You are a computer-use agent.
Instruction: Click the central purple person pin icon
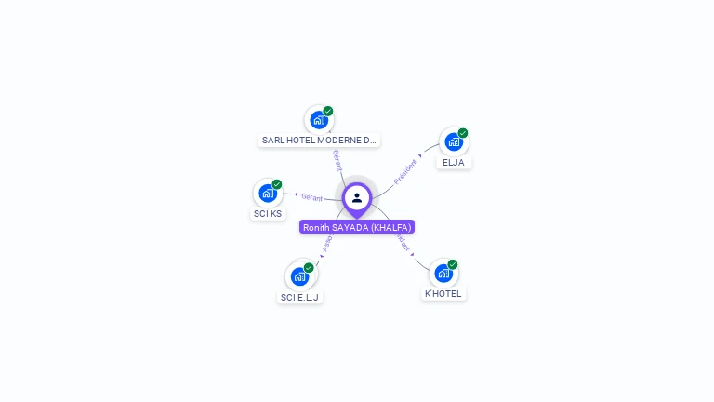coord(357,197)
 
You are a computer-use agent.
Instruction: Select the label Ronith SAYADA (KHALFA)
coord(357,227)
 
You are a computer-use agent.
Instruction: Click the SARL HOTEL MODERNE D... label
coord(319,141)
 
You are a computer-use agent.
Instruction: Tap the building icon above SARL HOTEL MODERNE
coord(319,120)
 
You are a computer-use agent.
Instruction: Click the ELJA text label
coord(453,162)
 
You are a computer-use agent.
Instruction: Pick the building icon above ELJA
coord(453,142)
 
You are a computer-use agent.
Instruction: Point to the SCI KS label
coord(268,214)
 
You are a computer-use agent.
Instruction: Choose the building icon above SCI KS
coord(268,194)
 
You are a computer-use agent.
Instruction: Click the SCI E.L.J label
coord(299,298)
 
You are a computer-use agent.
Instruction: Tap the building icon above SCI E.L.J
coord(299,276)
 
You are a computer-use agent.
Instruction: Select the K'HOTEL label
coord(443,294)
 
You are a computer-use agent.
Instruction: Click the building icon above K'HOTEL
coord(443,274)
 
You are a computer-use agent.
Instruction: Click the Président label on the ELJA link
coord(405,171)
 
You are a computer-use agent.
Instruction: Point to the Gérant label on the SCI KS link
coord(311,197)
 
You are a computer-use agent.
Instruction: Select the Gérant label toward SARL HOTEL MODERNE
coord(337,159)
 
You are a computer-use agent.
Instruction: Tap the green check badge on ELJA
coord(463,133)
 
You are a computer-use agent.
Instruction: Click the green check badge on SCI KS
coord(277,184)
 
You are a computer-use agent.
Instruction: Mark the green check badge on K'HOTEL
coord(453,264)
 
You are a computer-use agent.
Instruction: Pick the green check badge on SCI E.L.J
coord(309,267)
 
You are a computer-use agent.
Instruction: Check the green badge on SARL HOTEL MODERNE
coord(328,111)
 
